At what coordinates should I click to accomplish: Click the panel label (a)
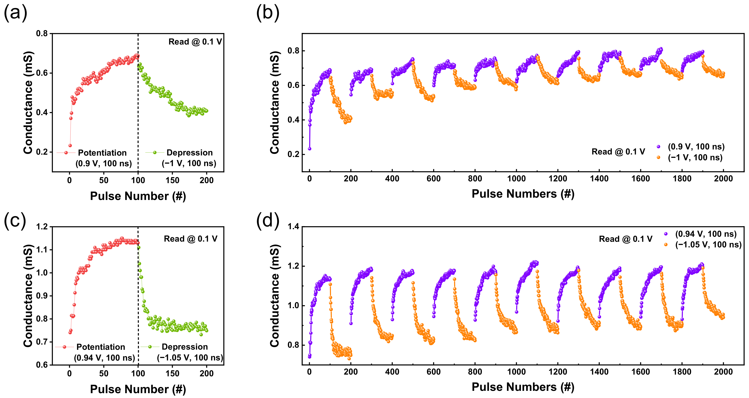(x=15, y=13)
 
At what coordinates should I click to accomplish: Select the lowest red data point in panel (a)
(x=70, y=145)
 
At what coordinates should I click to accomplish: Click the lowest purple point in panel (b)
(x=310, y=149)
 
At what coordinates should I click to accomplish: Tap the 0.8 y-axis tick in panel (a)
(x=42, y=34)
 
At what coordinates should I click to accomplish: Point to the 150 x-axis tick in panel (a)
(x=172, y=180)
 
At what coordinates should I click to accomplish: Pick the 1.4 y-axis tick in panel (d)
(x=293, y=227)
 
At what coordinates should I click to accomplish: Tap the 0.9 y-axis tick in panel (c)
(x=42, y=296)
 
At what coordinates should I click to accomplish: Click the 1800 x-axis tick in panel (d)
(x=682, y=372)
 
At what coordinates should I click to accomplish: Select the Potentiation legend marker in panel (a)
(x=66, y=153)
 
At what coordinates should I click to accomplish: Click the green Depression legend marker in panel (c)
(x=150, y=347)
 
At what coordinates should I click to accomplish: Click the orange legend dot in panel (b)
(x=658, y=157)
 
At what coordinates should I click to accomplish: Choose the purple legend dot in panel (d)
(x=666, y=234)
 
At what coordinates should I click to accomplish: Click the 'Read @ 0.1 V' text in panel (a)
(x=195, y=42)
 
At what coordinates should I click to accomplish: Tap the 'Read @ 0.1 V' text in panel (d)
(x=625, y=239)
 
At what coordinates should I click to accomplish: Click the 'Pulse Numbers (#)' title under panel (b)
(x=523, y=194)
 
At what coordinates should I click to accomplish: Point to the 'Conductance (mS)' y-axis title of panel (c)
(x=28, y=296)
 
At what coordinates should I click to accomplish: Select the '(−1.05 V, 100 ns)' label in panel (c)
(x=190, y=358)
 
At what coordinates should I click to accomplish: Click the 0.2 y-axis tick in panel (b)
(x=293, y=154)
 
